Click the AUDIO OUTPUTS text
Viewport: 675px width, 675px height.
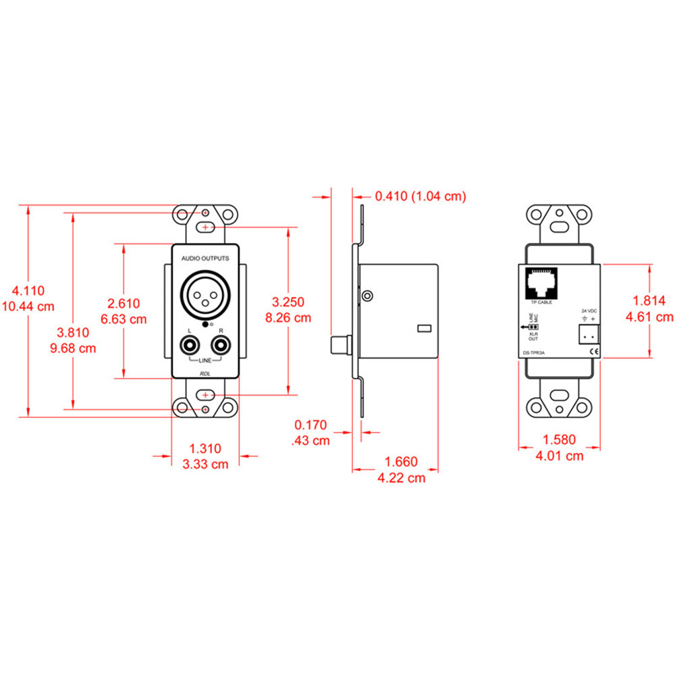[205, 259]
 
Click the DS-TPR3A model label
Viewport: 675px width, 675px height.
[535, 350]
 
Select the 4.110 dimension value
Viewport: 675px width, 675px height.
[28, 291]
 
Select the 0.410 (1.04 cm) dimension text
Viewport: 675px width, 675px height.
[421, 196]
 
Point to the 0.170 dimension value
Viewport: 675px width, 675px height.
[310, 426]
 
